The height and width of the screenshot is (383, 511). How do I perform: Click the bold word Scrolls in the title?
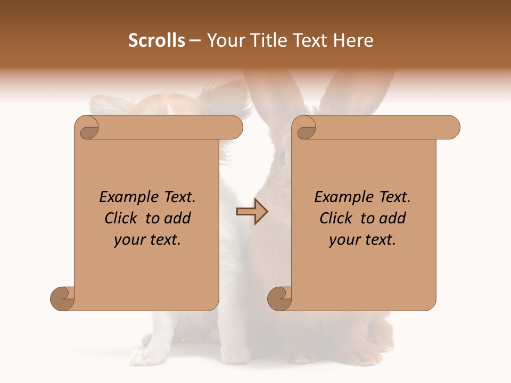[x=157, y=40]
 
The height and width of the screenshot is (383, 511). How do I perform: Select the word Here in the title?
[x=353, y=40]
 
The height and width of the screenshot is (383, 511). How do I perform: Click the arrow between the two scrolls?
[x=252, y=212]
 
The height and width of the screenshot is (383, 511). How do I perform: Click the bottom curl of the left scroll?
[x=62, y=298]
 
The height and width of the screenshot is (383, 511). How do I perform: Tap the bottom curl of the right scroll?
[x=279, y=298]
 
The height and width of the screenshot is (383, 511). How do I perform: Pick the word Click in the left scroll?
[x=120, y=218]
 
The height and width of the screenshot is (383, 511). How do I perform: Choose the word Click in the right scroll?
[x=335, y=218]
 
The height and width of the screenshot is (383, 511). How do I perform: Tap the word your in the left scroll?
[x=128, y=240]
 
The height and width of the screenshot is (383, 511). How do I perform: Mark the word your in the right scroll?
[x=343, y=240]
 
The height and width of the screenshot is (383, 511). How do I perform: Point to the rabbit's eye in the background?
[x=282, y=156]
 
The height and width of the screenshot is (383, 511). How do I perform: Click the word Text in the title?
[x=311, y=40]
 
